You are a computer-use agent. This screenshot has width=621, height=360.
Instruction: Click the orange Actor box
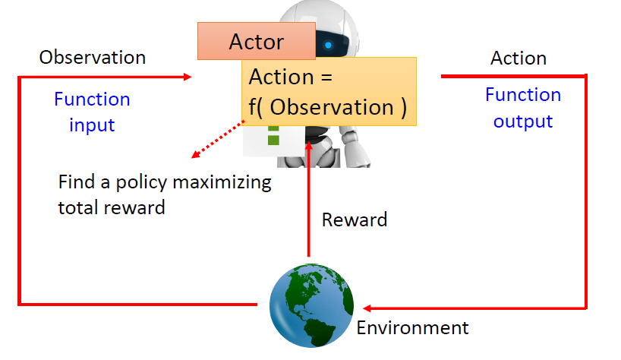[256, 41]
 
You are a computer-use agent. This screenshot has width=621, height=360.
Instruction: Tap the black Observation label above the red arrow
[93, 57]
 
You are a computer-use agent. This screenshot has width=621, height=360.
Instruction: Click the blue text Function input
[92, 111]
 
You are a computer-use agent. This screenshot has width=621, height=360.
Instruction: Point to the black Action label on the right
[519, 58]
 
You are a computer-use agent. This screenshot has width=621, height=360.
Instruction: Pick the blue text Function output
[523, 108]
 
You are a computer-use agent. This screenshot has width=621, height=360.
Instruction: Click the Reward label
[355, 220]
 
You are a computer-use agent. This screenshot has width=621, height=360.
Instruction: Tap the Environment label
[412, 328]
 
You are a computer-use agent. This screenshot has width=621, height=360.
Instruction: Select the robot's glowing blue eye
[328, 45]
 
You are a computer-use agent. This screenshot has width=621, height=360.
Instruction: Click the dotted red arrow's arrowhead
[194, 155]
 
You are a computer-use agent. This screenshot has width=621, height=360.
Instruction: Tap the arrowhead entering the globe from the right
[367, 308]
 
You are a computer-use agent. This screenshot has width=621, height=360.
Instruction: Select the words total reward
[111, 207]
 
